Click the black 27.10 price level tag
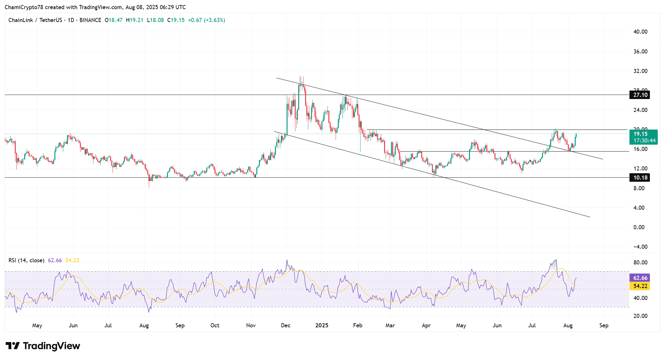pyautogui.click(x=640, y=95)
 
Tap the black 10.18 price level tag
pyautogui.click(x=640, y=178)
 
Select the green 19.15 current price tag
pyautogui.click(x=640, y=134)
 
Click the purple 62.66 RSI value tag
pyautogui.click(x=640, y=278)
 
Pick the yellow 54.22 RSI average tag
pyautogui.click(x=640, y=286)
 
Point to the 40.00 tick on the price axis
pyautogui.click(x=640, y=32)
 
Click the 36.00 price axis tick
pyautogui.click(x=640, y=52)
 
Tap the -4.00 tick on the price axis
pyautogui.click(x=640, y=247)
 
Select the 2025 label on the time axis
pyautogui.click(x=322, y=325)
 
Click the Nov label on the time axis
pyautogui.click(x=251, y=325)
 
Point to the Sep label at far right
pyautogui.click(x=604, y=325)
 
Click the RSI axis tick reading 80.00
pyautogui.click(x=640, y=263)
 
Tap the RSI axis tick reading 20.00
pyautogui.click(x=640, y=316)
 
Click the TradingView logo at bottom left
pyautogui.click(x=43, y=346)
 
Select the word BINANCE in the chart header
pyautogui.click(x=90, y=20)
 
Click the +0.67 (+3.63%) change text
pyautogui.click(x=206, y=20)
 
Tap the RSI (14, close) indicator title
pyautogui.click(x=26, y=260)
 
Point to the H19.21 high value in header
pyautogui.click(x=135, y=20)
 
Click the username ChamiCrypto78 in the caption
pyautogui.click(x=24, y=7)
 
